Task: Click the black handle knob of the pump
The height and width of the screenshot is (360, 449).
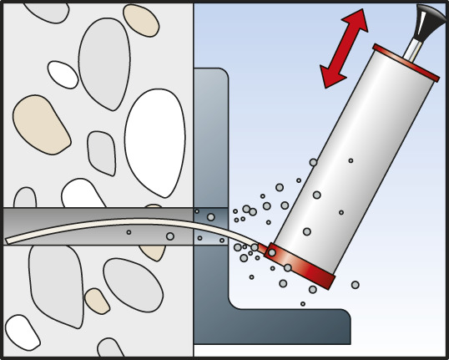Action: (x=421, y=20)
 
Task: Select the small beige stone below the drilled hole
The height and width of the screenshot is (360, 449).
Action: (x=97, y=301)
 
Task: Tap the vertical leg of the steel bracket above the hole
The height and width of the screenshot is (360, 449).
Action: (x=211, y=134)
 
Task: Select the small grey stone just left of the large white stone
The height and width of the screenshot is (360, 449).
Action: (x=101, y=152)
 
